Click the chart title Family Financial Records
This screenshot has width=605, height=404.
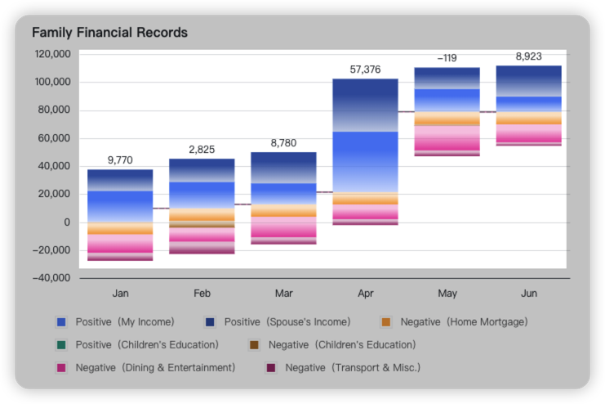(x=109, y=33)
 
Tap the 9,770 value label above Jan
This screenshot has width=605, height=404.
(x=120, y=161)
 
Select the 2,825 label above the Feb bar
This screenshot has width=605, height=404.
(x=202, y=150)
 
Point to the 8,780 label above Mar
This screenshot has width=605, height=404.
(x=283, y=143)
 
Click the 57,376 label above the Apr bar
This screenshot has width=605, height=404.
(x=365, y=70)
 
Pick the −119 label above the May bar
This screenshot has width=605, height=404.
(x=447, y=59)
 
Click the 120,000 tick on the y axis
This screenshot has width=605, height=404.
(x=52, y=54)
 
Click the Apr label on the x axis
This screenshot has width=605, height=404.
(x=365, y=293)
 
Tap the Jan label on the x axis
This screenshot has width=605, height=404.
(x=120, y=293)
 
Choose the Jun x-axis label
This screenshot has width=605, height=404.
(x=528, y=293)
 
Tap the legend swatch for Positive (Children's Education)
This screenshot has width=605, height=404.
(x=60, y=345)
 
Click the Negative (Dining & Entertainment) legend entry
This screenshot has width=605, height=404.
(x=146, y=368)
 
